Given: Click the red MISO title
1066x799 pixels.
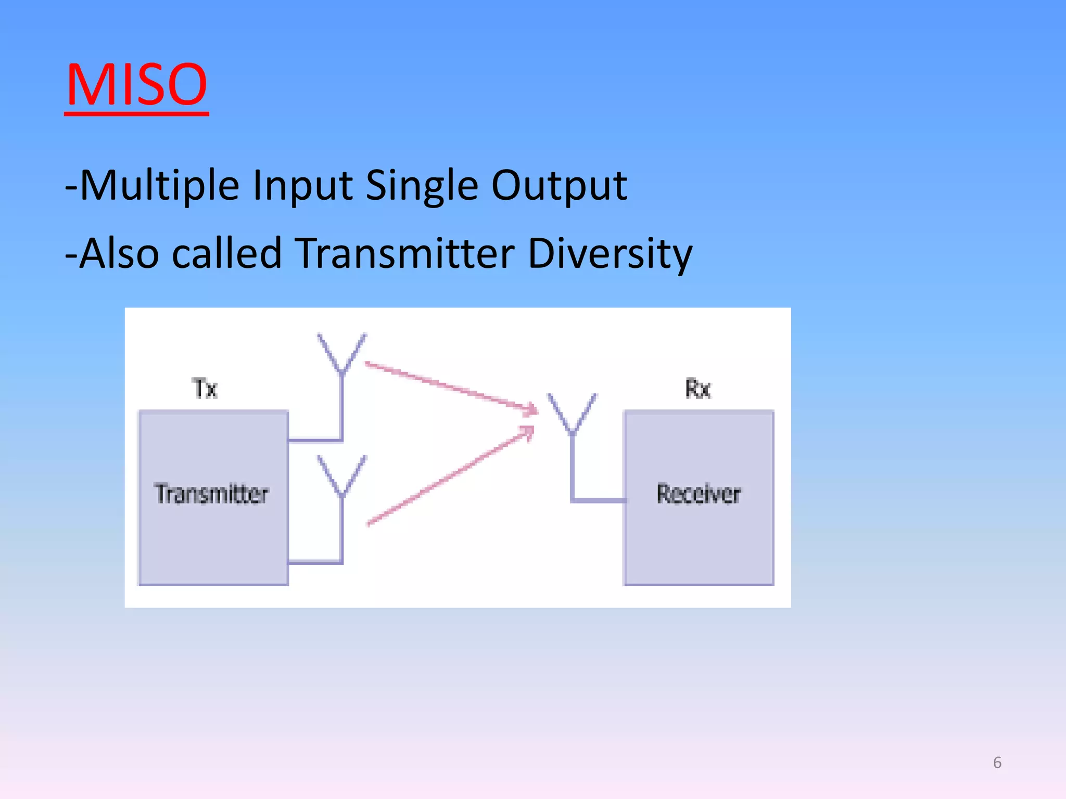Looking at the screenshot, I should coord(136,84).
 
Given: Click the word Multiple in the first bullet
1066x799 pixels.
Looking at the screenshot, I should coord(159,186).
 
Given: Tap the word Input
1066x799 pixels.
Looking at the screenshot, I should coord(302,186).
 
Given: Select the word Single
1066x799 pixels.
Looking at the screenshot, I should coord(422,186).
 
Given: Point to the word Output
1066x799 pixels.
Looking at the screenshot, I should coord(559,186).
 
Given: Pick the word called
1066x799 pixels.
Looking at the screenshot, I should coord(227,253).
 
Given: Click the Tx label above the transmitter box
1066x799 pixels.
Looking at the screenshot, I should coord(205,389).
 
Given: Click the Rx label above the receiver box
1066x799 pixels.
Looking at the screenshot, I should coord(697,389).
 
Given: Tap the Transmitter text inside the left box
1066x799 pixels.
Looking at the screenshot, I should coord(211,494).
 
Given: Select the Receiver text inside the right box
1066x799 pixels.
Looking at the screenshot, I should coord(699,494).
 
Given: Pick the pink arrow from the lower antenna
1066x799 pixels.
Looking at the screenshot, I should coord(450,476).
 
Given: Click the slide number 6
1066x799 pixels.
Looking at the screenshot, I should coord(997,763).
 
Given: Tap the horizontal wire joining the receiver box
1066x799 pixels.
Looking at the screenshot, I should coord(599,500).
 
